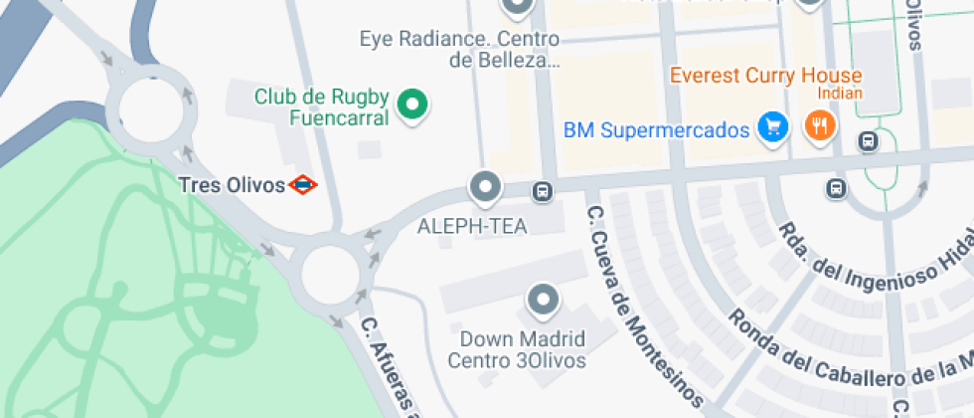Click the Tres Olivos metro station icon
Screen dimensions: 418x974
click(303, 184)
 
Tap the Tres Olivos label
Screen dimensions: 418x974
click(233, 184)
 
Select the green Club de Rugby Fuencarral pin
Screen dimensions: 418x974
click(412, 104)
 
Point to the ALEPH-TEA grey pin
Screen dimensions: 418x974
click(485, 186)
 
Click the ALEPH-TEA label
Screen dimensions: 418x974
click(472, 226)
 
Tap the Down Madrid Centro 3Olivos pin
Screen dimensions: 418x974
click(543, 299)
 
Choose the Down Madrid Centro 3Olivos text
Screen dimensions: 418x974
click(517, 348)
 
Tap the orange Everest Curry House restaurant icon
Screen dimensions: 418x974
click(821, 126)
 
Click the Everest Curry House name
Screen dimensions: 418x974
click(765, 75)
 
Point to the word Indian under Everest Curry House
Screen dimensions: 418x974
click(839, 94)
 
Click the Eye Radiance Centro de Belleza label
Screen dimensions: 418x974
click(459, 50)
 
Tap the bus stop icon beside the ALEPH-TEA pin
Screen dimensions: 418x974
click(542, 191)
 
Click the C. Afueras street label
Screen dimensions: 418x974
click(388, 368)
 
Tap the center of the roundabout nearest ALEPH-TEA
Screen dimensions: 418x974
click(329, 272)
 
